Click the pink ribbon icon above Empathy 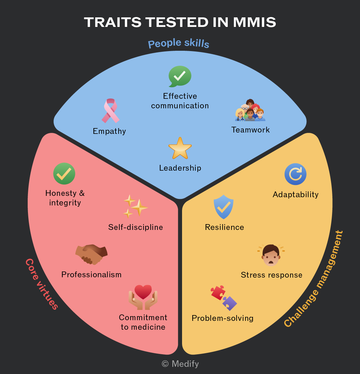point(110,111)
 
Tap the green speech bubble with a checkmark point(180,76)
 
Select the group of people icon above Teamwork point(250,110)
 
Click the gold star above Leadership point(180,149)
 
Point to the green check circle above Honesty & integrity point(64,174)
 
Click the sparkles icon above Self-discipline point(135,206)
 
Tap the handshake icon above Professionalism point(91,254)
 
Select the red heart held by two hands point(143,292)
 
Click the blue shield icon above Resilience point(223,207)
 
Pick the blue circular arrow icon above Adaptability point(296,174)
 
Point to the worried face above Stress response point(271,255)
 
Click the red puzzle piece point(218,293)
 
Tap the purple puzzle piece point(230,303)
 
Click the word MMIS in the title point(254,22)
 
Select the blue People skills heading point(179,43)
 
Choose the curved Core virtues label point(42,284)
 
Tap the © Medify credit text point(180,364)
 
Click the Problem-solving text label point(223,318)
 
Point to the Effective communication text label point(180,101)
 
